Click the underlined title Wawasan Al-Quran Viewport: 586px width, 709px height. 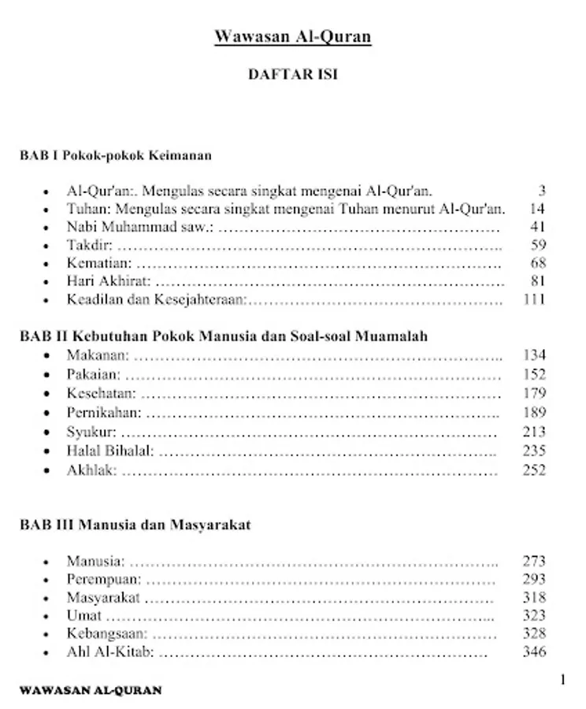coord(292,37)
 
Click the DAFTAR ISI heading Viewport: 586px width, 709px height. coord(292,75)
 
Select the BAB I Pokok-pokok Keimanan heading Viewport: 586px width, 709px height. coord(116,155)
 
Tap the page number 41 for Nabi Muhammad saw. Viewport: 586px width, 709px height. coord(539,227)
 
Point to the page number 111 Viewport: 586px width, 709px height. coord(535,299)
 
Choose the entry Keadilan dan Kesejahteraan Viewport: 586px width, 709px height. coord(158,299)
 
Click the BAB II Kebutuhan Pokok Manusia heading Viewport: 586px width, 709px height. coord(224,336)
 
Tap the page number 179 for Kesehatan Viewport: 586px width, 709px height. coord(535,393)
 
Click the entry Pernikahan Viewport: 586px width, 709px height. coord(104,412)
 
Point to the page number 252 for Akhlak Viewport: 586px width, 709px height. coord(535,470)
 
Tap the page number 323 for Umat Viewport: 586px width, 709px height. coord(535,615)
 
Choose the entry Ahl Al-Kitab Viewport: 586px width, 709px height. coord(110,652)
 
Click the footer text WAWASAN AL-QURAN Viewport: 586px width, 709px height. coord(91,690)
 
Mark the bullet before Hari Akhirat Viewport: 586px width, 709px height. coord(50,281)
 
